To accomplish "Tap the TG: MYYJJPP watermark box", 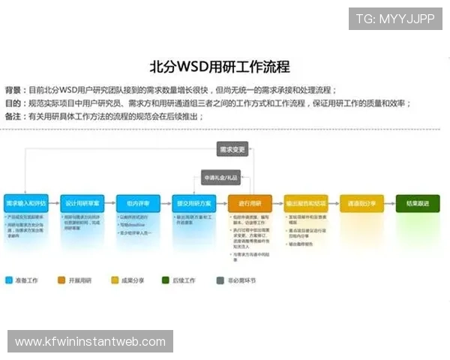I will tap(395, 18).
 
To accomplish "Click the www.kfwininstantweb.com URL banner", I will tap(90, 342).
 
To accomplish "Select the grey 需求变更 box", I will tap(232, 149).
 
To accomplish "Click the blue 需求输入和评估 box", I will tap(26, 202).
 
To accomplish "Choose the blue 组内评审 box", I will tap(138, 202).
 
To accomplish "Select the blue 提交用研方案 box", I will tap(193, 202).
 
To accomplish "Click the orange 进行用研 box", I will tap(250, 202).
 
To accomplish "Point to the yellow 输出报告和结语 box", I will tap(305, 202).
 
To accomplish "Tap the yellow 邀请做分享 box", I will tap(361, 202).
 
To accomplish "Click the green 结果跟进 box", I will tap(418, 202).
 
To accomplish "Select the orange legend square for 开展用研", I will tap(61, 280).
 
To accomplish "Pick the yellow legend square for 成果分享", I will tap(115, 280).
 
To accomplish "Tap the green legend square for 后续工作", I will tap(166, 280).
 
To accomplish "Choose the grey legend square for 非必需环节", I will tap(220, 280).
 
